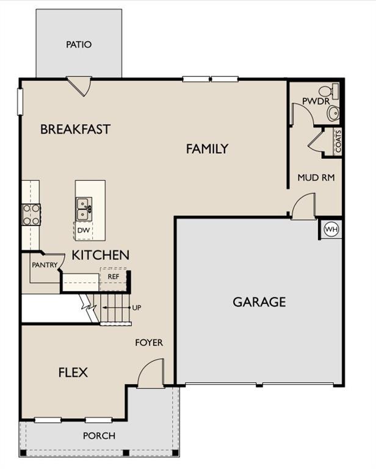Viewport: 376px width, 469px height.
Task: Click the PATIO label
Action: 79,45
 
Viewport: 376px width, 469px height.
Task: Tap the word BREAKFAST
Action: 75,129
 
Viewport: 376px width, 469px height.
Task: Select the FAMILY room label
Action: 207,148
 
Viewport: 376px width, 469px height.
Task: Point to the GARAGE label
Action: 259,302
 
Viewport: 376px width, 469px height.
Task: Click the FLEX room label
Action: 73,373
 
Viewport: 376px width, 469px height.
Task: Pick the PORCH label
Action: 99,436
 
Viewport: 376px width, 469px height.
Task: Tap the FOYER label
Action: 149,343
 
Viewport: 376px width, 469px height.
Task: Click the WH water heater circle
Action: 331,230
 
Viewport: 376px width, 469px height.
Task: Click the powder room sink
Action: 333,113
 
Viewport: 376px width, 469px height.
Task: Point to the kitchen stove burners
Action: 31,214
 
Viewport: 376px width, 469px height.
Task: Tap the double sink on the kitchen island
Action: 84,209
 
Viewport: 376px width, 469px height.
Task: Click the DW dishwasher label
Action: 84,230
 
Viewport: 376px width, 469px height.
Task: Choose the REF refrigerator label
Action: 114,277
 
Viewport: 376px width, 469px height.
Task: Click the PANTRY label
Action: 45,264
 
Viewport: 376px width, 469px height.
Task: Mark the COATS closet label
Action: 338,141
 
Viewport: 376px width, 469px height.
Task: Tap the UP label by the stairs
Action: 137,308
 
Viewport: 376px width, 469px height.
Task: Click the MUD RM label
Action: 316,177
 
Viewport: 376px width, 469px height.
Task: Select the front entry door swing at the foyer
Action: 151,373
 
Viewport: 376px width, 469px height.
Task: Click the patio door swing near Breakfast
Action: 79,86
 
